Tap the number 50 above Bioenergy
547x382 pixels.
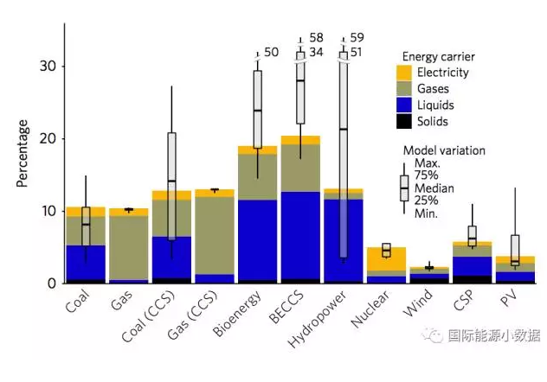click(271, 53)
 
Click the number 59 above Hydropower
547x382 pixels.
click(357, 38)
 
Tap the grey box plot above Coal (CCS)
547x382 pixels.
click(172, 185)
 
